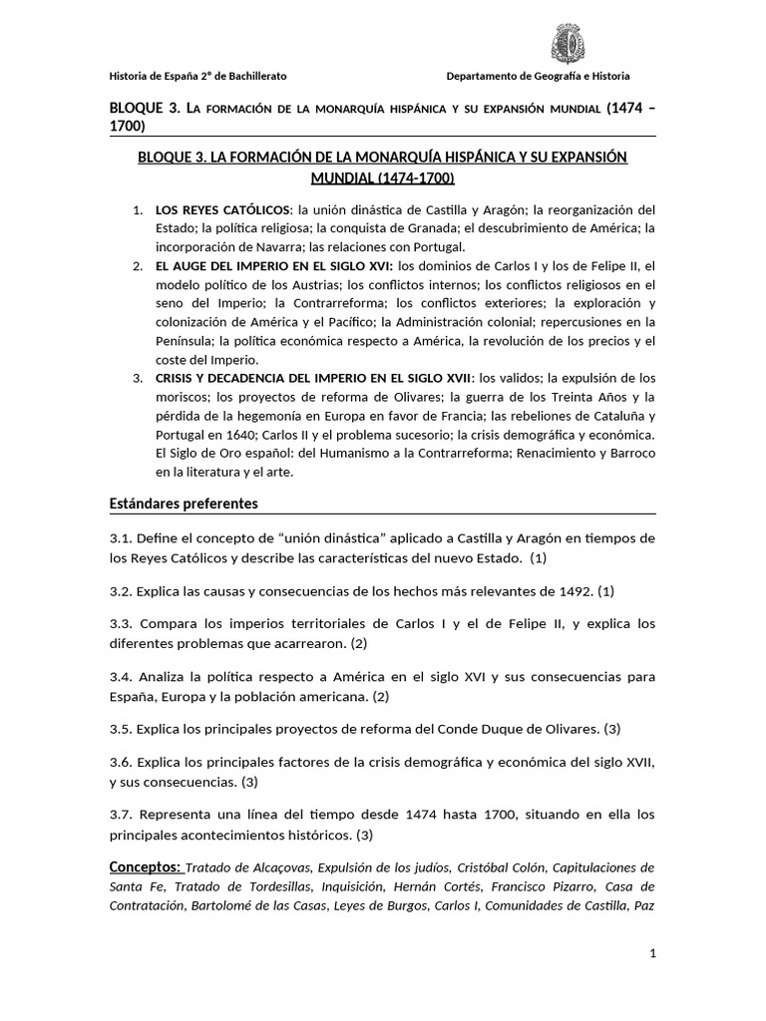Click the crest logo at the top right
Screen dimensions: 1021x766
point(569,45)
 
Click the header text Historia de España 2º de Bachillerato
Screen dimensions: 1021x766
point(197,77)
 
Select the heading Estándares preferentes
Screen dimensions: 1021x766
point(184,504)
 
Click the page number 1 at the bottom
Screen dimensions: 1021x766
point(652,954)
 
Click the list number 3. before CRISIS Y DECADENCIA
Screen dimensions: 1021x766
point(138,378)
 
